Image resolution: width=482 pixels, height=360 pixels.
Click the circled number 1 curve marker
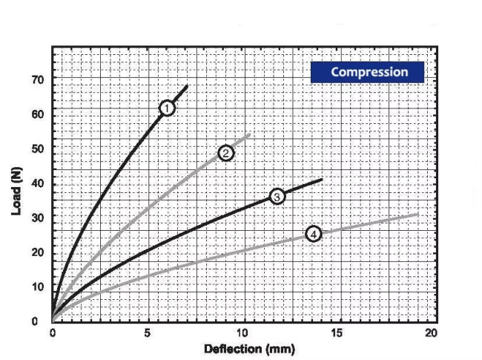coord(167,108)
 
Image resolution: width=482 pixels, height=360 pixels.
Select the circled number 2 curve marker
coord(226,153)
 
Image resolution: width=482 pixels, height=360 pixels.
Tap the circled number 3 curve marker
coord(277,197)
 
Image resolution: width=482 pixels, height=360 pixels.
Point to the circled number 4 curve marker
coord(314,234)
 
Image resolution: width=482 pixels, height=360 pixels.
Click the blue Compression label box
coord(369,72)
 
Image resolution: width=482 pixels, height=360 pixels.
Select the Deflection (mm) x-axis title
coord(249,349)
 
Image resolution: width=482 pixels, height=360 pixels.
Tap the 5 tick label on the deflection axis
coord(148,333)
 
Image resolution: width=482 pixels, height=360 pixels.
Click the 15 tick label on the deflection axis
coord(337,333)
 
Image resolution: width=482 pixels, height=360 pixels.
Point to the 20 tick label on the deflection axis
coord(432,333)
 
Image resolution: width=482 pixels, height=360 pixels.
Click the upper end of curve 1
coord(187,86)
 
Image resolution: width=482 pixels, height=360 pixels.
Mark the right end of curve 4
coord(418,214)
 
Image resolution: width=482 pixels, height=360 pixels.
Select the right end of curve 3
coord(322,179)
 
